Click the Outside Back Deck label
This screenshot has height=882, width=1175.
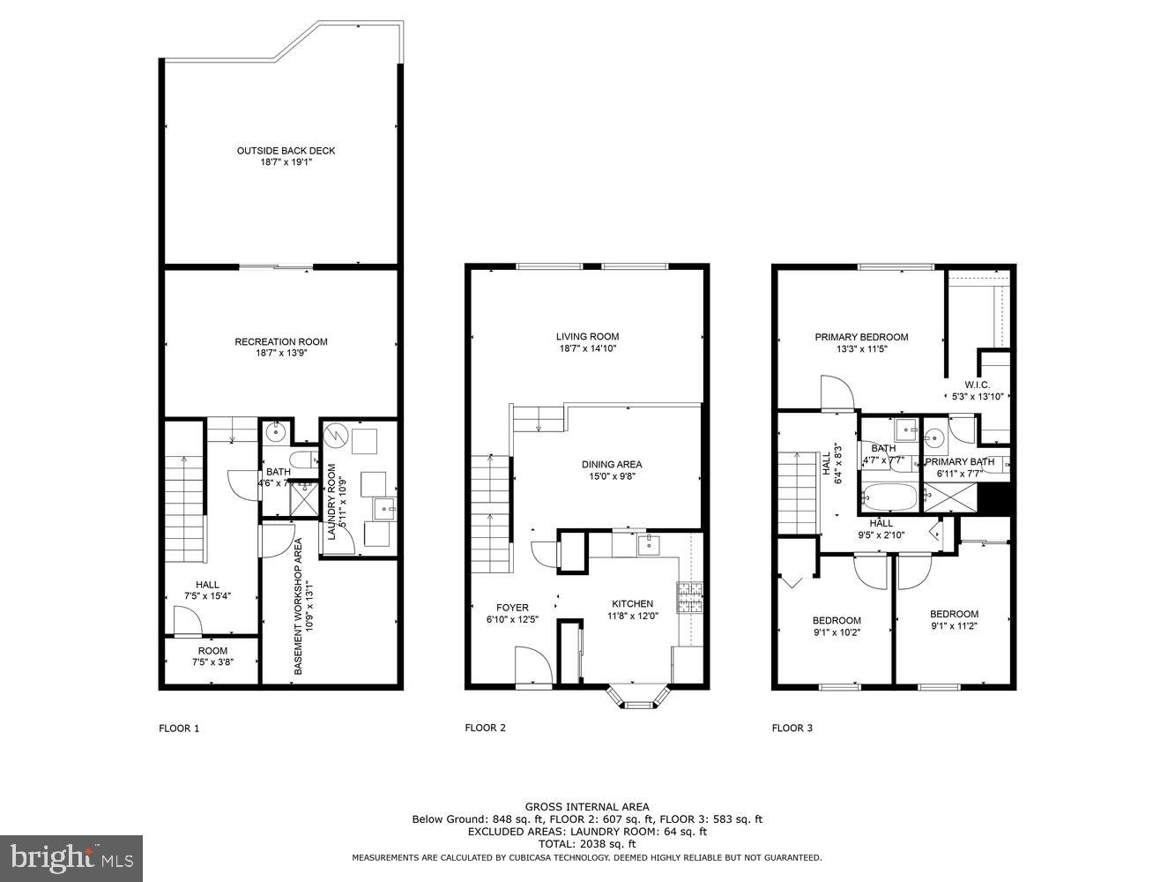point(286,151)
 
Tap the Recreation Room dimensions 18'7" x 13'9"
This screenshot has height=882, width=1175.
point(280,353)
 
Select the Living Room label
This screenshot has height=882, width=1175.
point(587,336)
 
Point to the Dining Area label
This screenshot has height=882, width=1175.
point(612,464)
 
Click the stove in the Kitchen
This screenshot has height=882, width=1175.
point(688,597)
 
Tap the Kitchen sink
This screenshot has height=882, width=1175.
point(647,545)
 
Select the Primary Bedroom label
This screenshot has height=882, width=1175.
point(860,337)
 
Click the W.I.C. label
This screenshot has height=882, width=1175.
point(977,385)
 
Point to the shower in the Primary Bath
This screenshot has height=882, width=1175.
point(949,498)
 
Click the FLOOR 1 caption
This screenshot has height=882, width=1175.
point(179,729)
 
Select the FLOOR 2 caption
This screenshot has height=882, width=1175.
point(486,729)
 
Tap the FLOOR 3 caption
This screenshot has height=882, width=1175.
point(792,729)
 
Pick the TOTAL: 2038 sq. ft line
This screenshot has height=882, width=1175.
point(587,844)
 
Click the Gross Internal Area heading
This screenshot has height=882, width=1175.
point(587,806)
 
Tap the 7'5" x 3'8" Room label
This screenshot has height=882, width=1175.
point(212,657)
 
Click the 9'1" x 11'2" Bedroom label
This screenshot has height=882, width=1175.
point(954,620)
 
